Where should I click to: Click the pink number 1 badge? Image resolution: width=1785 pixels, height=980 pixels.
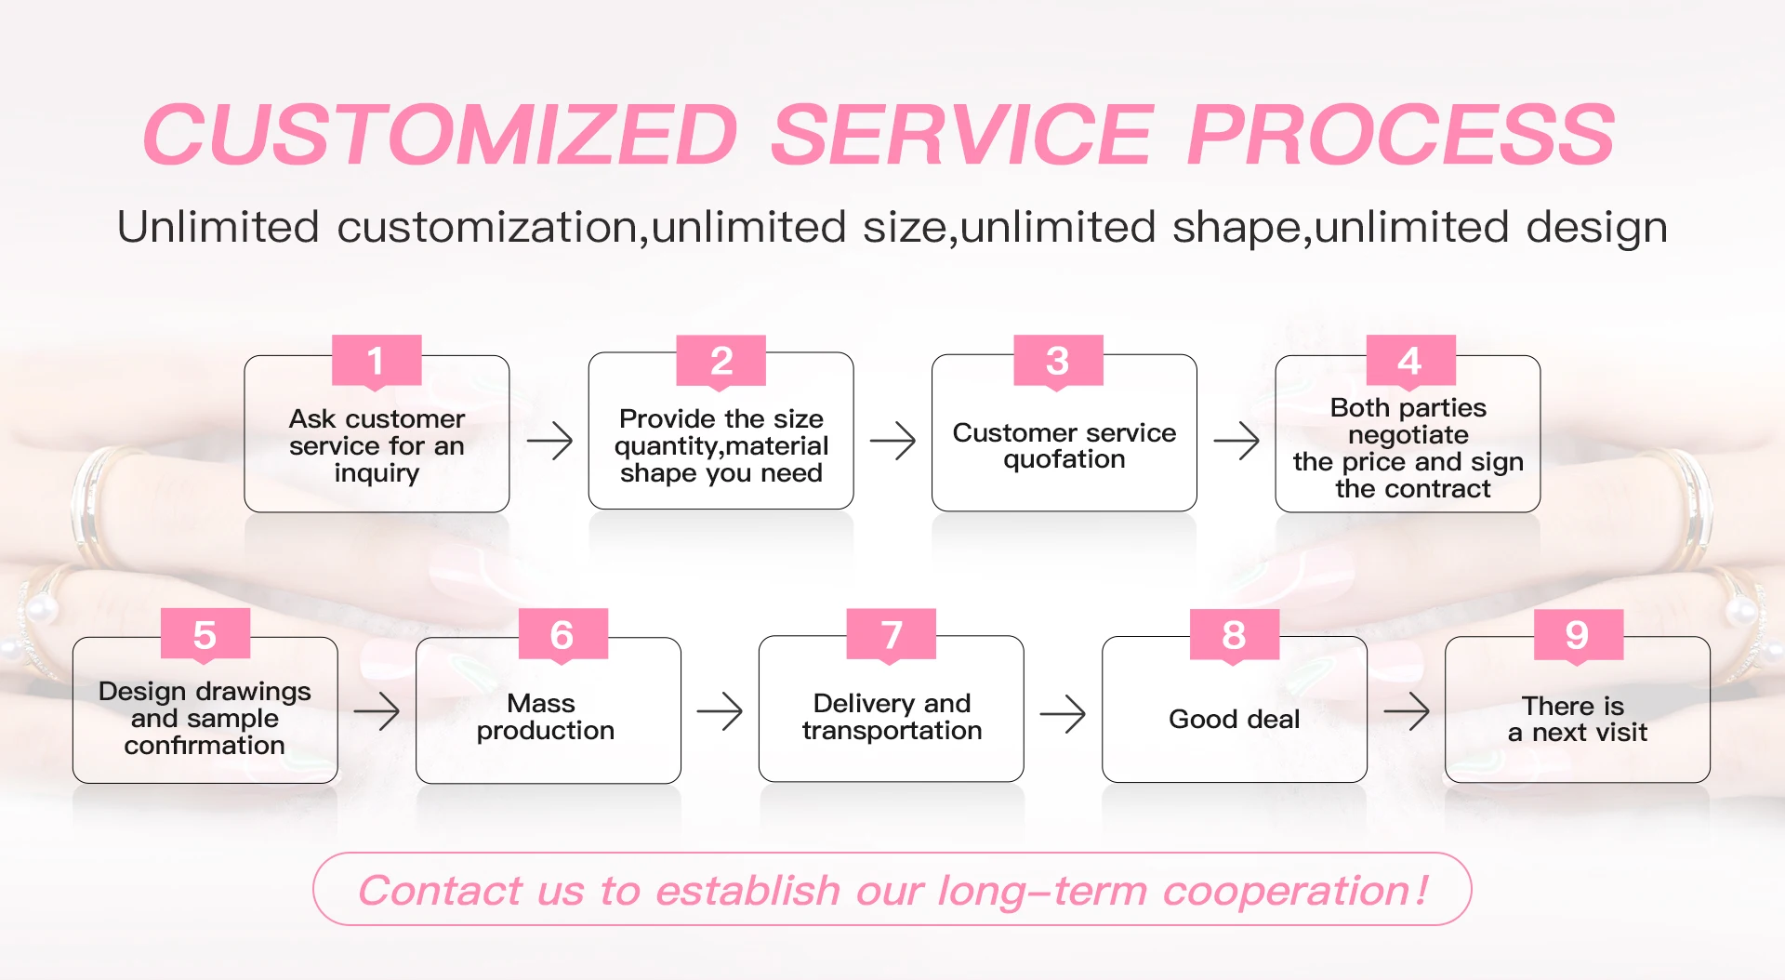(x=377, y=360)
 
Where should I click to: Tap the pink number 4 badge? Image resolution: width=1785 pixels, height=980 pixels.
(x=1410, y=360)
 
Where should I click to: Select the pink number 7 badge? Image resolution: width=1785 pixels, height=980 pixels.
(x=891, y=634)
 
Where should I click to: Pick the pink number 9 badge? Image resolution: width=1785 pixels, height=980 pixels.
(x=1578, y=634)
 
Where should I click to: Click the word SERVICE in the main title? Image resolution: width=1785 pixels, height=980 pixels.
(x=962, y=135)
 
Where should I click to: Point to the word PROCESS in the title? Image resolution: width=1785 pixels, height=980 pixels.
(x=1401, y=135)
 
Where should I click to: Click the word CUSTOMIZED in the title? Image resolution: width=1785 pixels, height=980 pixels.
(x=441, y=135)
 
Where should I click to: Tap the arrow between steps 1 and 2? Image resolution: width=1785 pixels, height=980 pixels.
(x=549, y=440)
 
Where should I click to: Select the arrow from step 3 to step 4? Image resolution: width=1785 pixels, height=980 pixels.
(x=1236, y=440)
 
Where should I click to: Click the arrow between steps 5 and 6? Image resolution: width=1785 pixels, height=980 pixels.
(x=377, y=712)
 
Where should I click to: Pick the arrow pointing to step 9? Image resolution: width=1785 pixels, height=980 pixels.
(x=1407, y=712)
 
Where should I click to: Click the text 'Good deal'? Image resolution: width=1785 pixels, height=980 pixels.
(x=1234, y=719)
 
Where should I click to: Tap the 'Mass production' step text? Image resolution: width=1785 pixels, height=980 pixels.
(x=545, y=717)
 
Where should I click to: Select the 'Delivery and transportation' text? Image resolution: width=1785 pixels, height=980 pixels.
(x=892, y=717)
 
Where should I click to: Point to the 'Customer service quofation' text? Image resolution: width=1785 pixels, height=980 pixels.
(x=1064, y=445)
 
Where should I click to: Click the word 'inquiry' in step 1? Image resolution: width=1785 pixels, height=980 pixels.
(x=377, y=473)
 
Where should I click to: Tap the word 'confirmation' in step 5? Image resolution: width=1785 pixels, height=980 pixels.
(x=205, y=746)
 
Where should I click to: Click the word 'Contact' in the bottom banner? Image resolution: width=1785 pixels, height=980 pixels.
(x=440, y=890)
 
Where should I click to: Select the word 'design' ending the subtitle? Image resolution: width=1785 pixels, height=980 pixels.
(x=1596, y=228)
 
